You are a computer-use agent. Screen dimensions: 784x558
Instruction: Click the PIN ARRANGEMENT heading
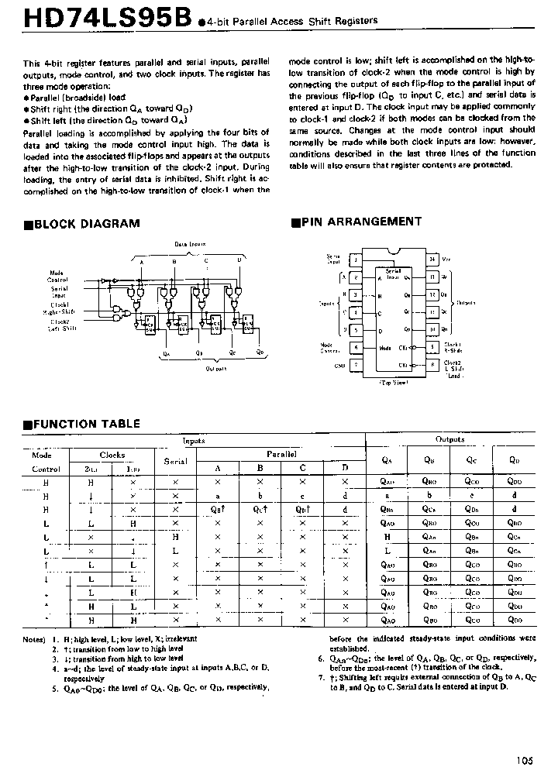361,222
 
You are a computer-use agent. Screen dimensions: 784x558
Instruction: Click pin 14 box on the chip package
432,259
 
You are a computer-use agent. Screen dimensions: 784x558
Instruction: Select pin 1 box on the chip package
355,259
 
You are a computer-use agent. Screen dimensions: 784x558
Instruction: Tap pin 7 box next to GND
355,364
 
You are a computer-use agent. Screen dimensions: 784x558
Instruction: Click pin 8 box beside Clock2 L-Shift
432,364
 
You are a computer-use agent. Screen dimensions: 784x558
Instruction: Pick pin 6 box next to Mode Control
355,347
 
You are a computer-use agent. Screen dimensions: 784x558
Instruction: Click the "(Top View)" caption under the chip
394,383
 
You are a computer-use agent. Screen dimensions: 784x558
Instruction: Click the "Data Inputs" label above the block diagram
190,243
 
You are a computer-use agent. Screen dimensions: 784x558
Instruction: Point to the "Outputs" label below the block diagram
216,369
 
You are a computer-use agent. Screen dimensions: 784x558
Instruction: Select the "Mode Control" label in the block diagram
57,276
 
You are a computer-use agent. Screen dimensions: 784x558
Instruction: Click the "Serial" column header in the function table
176,461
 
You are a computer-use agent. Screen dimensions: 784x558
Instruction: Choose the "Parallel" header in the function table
281,453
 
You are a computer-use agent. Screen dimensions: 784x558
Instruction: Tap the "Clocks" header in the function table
112,455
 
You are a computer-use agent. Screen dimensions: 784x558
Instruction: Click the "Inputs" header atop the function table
193,440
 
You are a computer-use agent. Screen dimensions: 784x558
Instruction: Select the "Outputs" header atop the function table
449,439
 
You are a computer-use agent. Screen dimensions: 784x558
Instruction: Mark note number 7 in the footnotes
321,676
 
